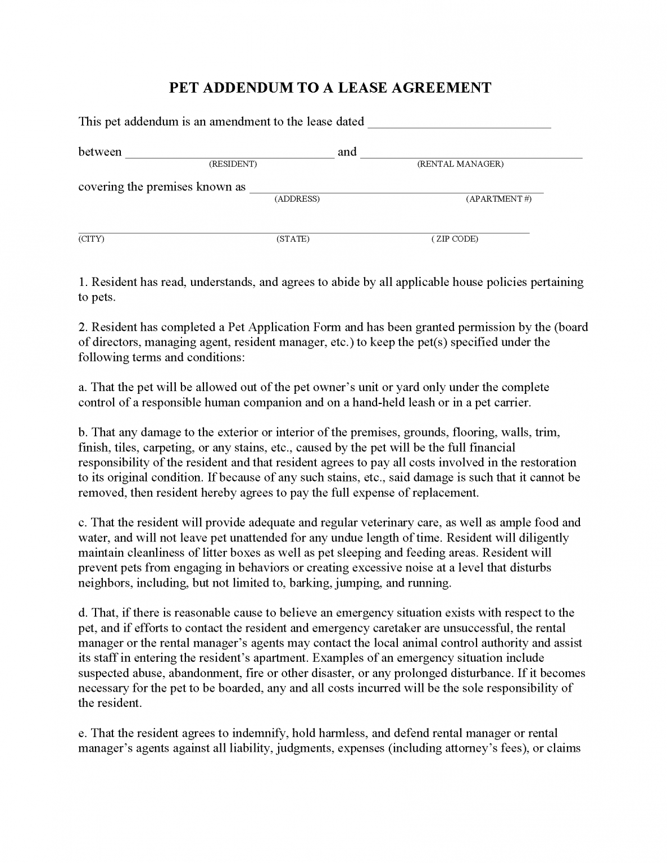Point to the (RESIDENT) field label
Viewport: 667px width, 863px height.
pyautogui.click(x=233, y=164)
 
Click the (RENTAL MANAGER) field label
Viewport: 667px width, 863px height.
pyautogui.click(x=460, y=164)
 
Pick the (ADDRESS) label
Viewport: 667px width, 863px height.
pyautogui.click(x=297, y=199)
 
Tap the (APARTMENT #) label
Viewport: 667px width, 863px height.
pyautogui.click(x=498, y=199)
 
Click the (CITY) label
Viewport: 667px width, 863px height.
pyautogui.click(x=91, y=239)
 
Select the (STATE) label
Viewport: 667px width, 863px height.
pyautogui.click(x=293, y=239)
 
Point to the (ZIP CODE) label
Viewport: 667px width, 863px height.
pyautogui.click(x=455, y=239)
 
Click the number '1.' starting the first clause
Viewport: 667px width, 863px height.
pyautogui.click(x=83, y=282)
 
